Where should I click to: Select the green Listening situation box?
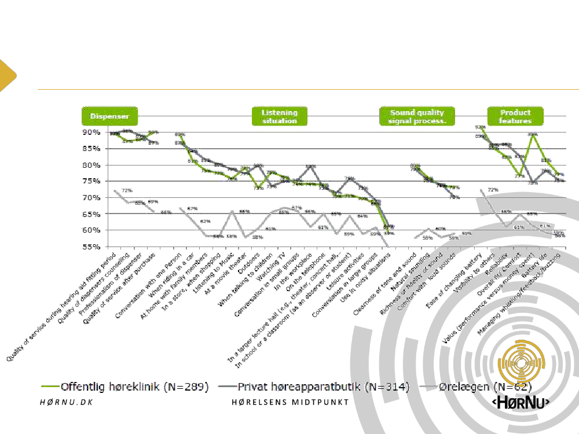pyautogui.click(x=279, y=116)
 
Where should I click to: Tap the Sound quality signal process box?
pyautogui.click(x=417, y=116)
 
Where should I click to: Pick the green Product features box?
pyautogui.click(x=515, y=116)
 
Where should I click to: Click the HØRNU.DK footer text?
pyautogui.click(x=67, y=402)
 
